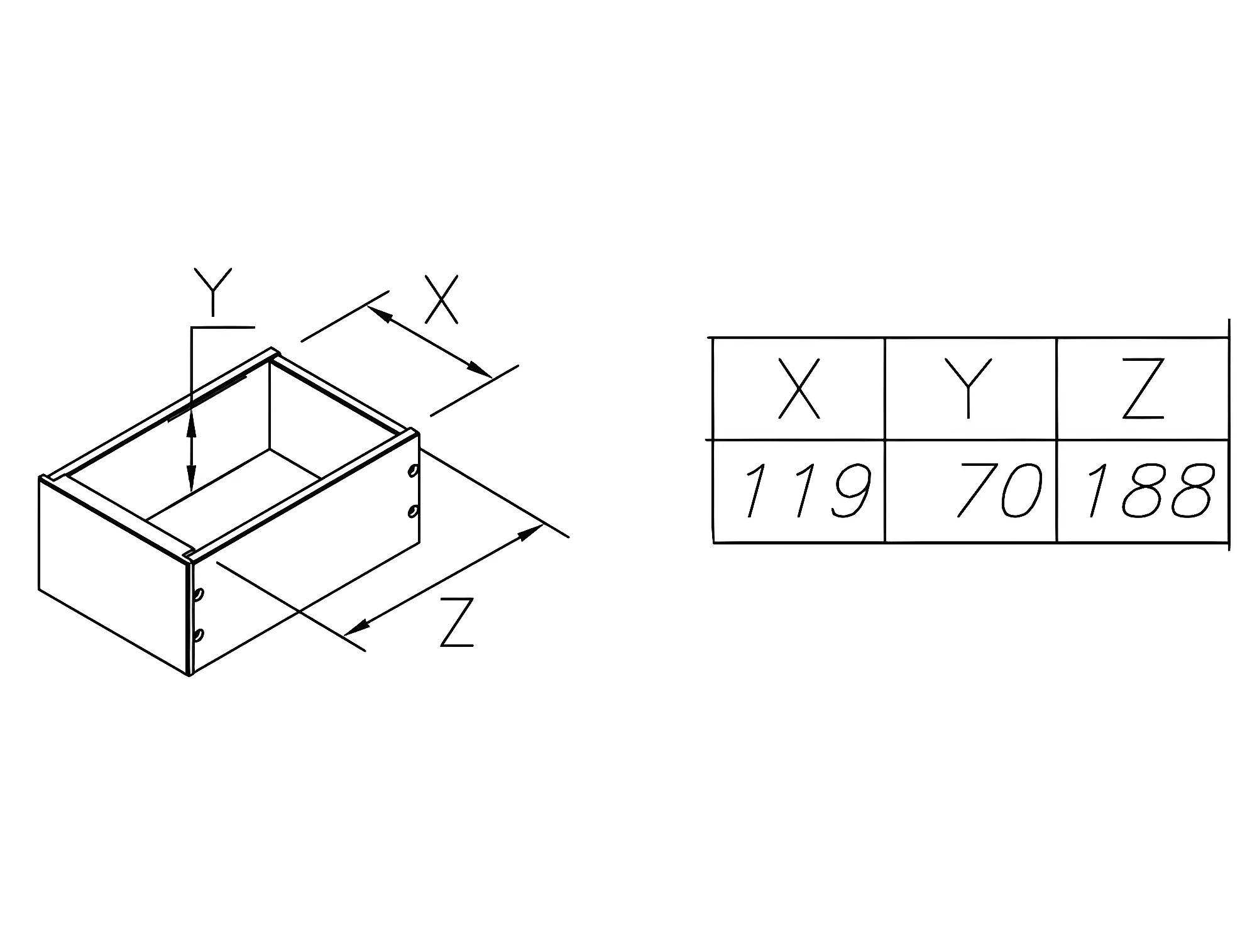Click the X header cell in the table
(x=799, y=388)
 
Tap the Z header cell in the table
(x=1143, y=388)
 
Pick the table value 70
(x=999, y=490)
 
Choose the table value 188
(x=1150, y=490)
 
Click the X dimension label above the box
(x=441, y=299)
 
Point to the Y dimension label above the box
(x=213, y=292)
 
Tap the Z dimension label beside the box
(x=457, y=622)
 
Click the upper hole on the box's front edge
(x=199, y=593)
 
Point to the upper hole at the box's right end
(x=413, y=470)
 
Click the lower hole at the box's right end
(x=413, y=510)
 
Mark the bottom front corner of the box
(x=190, y=675)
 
